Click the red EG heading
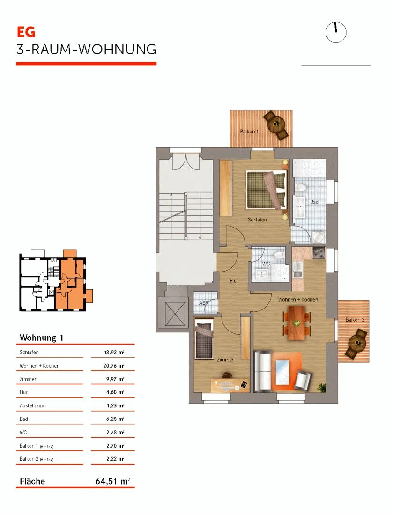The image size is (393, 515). (x=26, y=32)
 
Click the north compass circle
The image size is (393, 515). (x=336, y=32)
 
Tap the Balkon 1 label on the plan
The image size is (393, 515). (x=249, y=132)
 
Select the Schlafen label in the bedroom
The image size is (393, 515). (x=257, y=220)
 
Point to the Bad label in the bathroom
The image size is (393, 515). (x=314, y=202)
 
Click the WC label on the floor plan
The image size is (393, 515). (x=266, y=264)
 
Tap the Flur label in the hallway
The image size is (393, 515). (x=234, y=281)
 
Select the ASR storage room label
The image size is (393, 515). (x=204, y=302)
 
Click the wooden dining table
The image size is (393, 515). (x=297, y=323)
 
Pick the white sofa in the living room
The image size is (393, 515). (x=263, y=371)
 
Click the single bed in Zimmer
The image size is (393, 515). (x=204, y=340)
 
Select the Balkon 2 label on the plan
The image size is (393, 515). (x=355, y=320)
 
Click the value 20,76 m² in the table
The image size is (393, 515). (x=114, y=366)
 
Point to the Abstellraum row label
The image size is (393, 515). (x=32, y=405)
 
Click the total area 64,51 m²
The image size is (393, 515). (x=113, y=481)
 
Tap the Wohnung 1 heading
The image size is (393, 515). (x=41, y=338)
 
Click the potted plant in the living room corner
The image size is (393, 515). (x=322, y=387)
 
